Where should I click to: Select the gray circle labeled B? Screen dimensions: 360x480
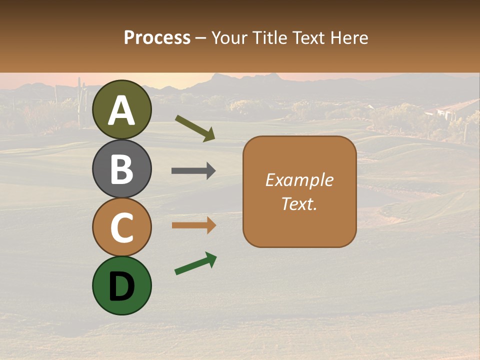pos(122,168)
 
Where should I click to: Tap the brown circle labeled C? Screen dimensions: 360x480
pos(122,227)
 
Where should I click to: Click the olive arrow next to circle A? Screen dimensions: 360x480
pos(195,127)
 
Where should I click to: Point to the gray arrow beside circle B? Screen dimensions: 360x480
pos(193,171)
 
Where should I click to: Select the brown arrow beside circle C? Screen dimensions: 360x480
pos(193,225)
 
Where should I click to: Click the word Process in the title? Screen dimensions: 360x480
pos(157,37)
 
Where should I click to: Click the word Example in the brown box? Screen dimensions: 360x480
pos(299,180)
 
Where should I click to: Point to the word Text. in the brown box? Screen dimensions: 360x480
pos(299,203)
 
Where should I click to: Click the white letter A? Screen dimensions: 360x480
pos(122,110)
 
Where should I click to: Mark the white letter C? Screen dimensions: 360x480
pos(122,227)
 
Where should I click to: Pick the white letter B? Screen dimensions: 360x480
pos(122,169)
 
